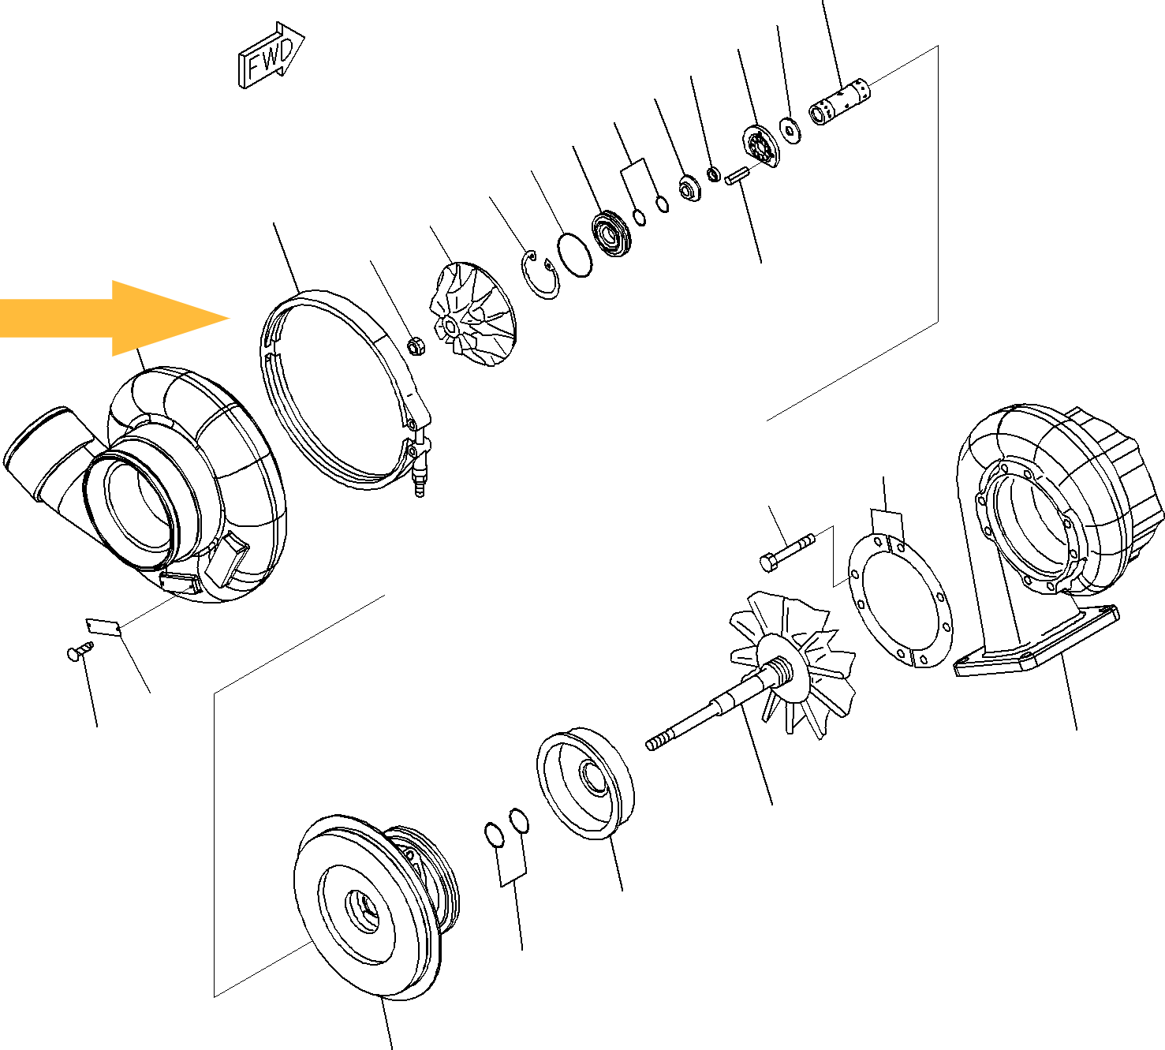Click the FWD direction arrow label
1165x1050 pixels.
(x=271, y=56)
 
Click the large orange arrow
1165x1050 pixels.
(x=115, y=318)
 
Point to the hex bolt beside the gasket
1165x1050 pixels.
(x=787, y=551)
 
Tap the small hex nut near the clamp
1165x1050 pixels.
(x=416, y=346)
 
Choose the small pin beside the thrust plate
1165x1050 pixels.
(x=737, y=175)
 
